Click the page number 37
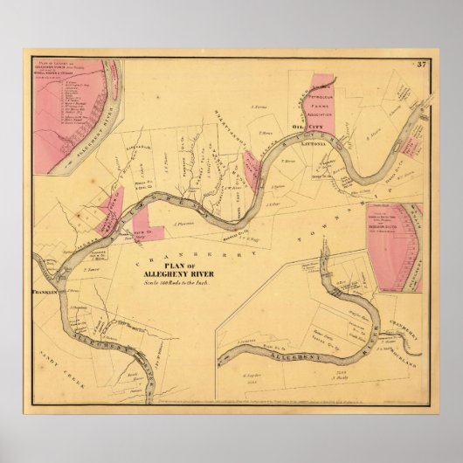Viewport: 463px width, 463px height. pos(419,62)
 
